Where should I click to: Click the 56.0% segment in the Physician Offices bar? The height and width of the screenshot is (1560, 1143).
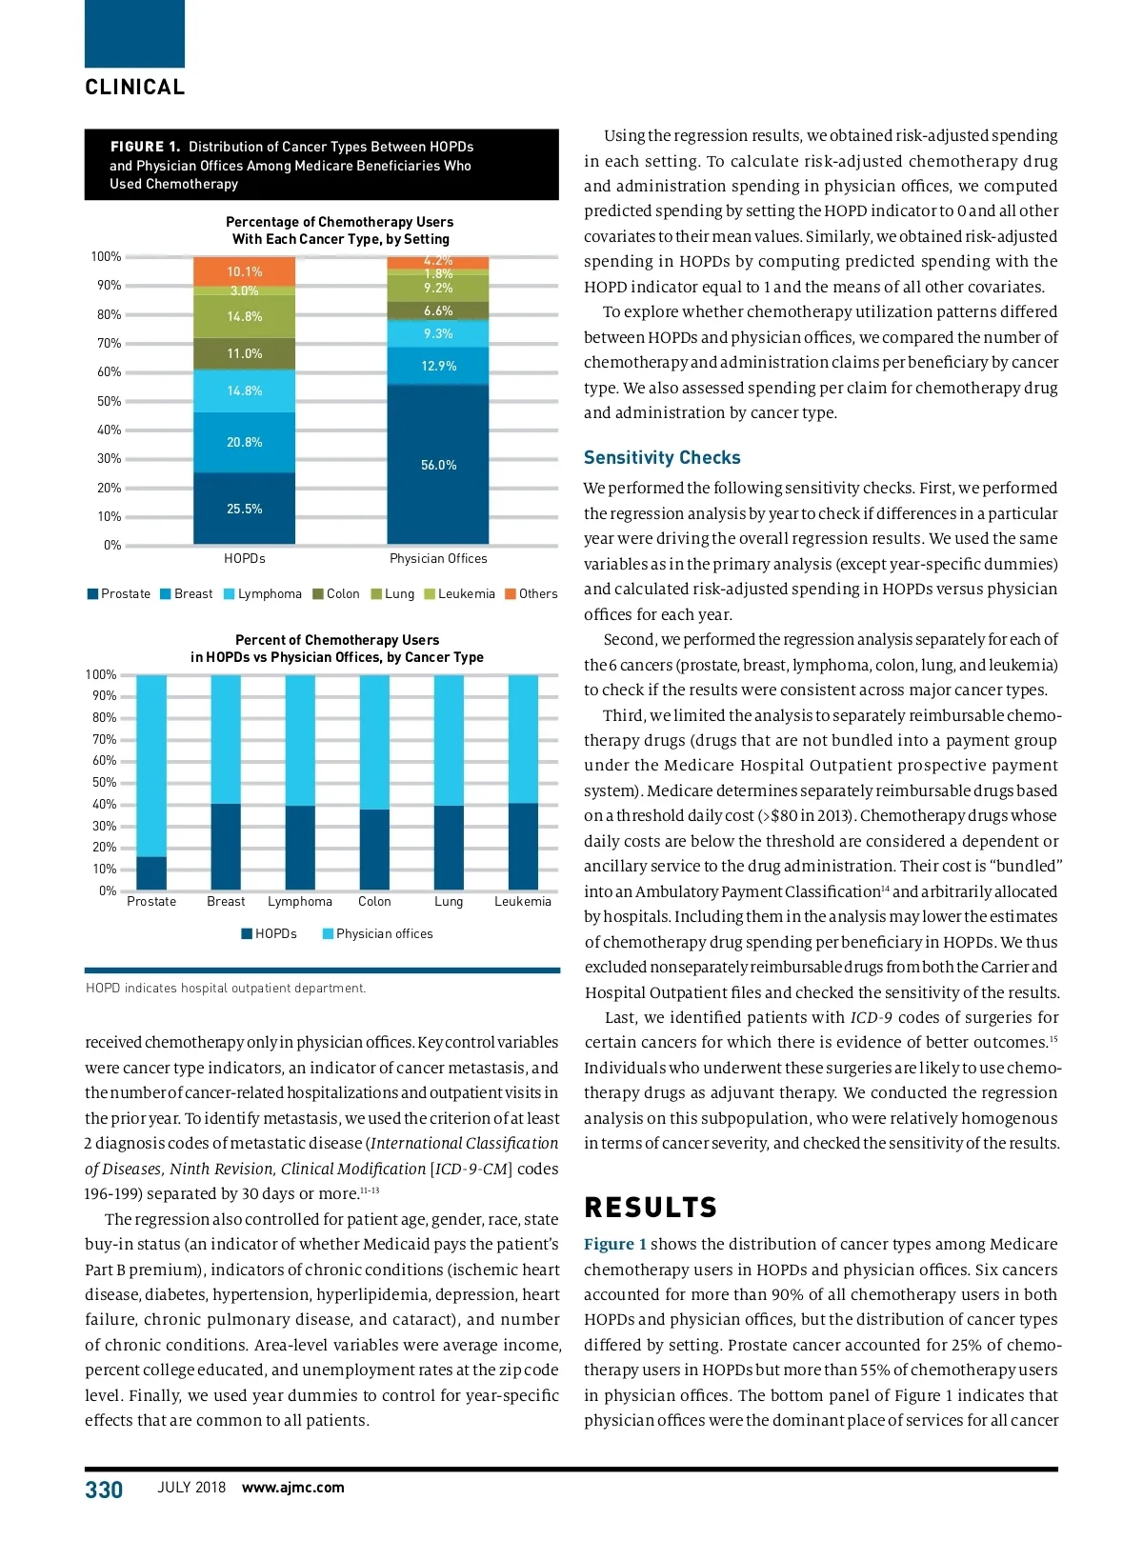click(x=438, y=465)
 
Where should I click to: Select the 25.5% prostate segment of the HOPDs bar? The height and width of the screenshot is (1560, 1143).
click(x=244, y=509)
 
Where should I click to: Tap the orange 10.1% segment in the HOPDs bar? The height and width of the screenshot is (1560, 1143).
click(x=244, y=271)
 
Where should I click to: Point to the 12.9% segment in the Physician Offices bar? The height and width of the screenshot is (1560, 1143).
click(x=438, y=366)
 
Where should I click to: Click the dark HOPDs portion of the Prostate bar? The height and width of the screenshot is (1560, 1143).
click(x=151, y=873)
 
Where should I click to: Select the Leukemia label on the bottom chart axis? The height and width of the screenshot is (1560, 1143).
click(x=522, y=902)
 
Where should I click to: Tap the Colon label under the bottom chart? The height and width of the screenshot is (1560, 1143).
click(x=374, y=902)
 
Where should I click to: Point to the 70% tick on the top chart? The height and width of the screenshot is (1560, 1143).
click(x=109, y=344)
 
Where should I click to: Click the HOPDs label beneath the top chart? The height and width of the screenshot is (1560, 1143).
click(x=244, y=559)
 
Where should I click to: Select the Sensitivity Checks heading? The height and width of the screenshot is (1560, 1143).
click(x=662, y=458)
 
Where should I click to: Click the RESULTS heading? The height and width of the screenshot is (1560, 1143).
click(x=651, y=1208)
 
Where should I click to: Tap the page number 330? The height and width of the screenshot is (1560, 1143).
click(x=104, y=1490)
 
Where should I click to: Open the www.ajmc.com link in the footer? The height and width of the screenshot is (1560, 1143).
click(x=293, y=1488)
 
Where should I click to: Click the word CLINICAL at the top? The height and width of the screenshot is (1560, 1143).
click(x=135, y=88)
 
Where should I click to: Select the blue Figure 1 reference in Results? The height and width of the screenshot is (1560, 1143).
click(x=615, y=1245)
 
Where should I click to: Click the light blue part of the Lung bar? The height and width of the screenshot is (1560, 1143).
click(x=449, y=740)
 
